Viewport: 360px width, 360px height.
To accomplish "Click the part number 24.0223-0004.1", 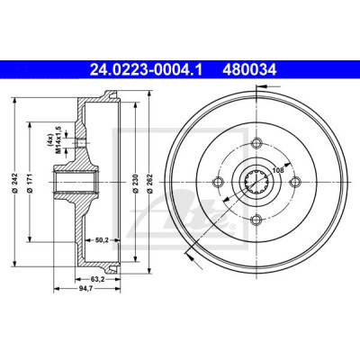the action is click(147, 70).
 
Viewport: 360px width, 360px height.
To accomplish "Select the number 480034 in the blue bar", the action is click(249, 70).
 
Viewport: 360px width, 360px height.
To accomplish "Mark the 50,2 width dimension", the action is click(102, 239).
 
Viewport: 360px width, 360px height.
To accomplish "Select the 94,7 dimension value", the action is click(87, 289).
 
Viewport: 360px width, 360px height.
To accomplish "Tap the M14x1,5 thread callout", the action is click(58, 140).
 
